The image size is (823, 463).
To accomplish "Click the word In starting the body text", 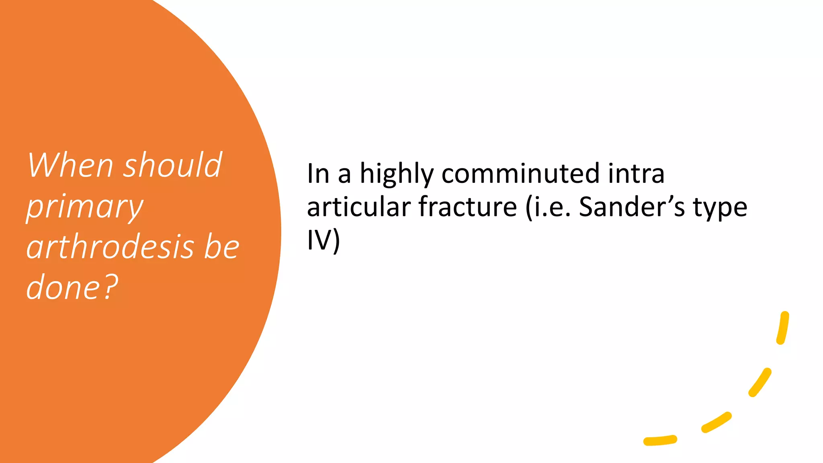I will tap(318, 174).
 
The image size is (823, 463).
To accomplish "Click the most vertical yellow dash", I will tap(783, 328).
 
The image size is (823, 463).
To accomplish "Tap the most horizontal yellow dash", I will tap(660, 440).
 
